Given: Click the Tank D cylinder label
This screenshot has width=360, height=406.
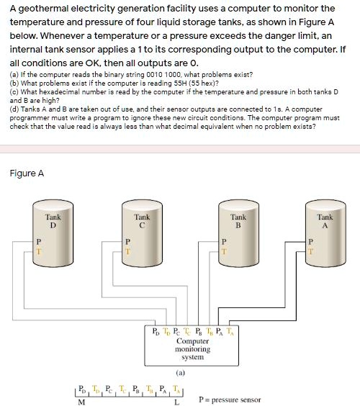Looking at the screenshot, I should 53,221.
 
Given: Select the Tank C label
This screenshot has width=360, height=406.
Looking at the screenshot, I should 142,221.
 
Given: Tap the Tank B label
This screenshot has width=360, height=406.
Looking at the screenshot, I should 238,221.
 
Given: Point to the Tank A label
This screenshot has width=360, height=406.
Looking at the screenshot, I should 325,221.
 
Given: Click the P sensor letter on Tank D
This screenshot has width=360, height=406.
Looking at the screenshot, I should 39,242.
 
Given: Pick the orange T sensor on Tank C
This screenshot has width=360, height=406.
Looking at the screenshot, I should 127,252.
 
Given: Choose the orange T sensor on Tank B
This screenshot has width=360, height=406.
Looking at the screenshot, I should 224,252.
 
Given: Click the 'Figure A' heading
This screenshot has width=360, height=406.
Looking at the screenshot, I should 27,173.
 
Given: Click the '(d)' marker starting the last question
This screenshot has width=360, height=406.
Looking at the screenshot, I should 14,109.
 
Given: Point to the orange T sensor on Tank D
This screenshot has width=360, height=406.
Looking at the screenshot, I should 39,252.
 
